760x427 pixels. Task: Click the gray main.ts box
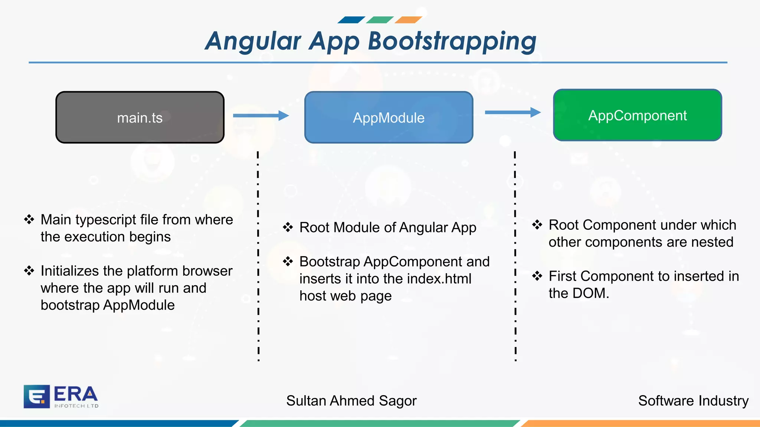[140, 117]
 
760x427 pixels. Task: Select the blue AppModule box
[389, 117]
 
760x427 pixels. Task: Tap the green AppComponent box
[637, 115]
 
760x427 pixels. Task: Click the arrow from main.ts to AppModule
[261, 116]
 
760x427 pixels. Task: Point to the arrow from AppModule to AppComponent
[512, 112]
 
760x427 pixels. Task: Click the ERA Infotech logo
[61, 397]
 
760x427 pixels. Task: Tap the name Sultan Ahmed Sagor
[351, 401]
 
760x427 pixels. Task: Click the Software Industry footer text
[693, 401]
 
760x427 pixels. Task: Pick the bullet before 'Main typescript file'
[29, 219]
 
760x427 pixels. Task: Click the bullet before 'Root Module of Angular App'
[288, 227]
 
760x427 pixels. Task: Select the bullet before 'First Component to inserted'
[537, 276]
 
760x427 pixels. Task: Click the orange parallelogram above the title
[408, 20]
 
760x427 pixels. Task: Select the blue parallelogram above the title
[351, 20]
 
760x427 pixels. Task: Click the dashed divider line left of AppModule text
[258, 256]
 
